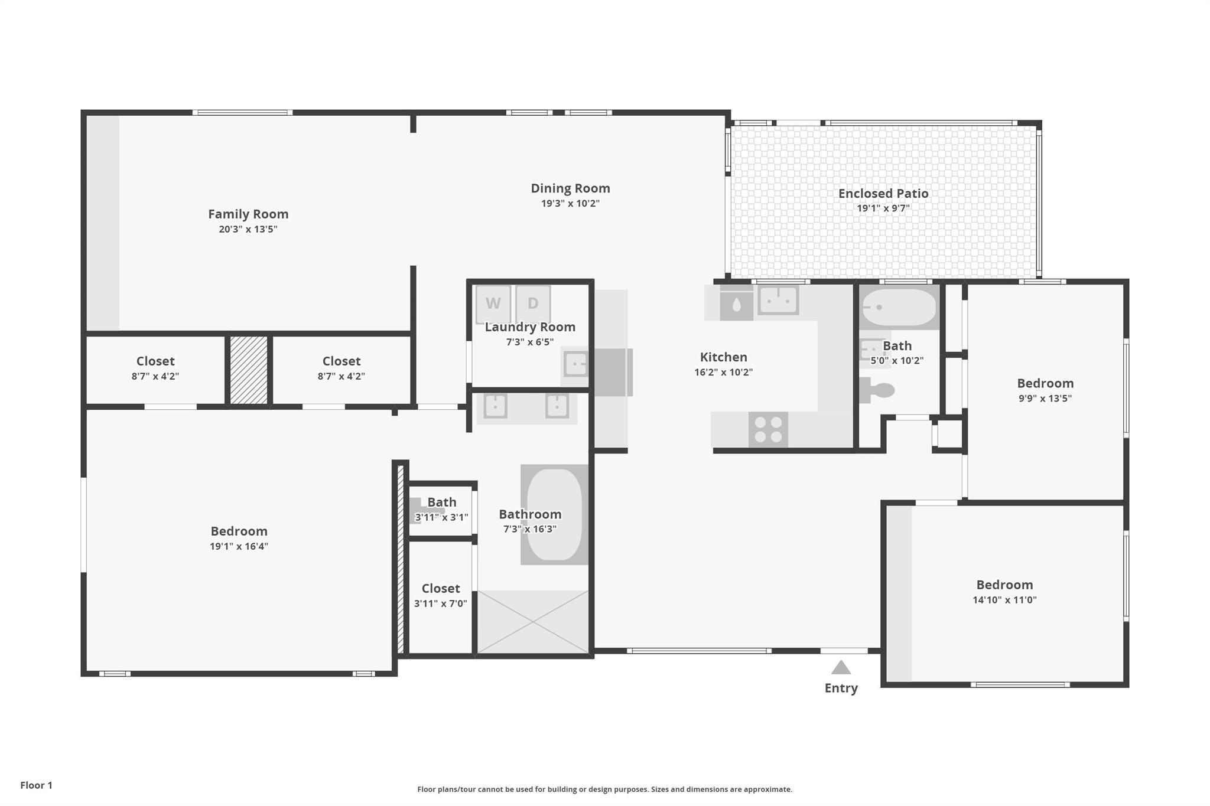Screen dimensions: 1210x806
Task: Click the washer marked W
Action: [x=493, y=304]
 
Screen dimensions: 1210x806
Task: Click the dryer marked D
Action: [x=533, y=304]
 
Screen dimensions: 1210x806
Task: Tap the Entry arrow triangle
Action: [x=841, y=667]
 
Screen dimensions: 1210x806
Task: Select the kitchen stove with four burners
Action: [x=768, y=430]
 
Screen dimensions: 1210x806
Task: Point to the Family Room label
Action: [x=248, y=214]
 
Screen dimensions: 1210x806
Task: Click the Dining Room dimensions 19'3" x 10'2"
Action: [x=570, y=203]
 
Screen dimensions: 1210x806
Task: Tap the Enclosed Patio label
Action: [x=883, y=193]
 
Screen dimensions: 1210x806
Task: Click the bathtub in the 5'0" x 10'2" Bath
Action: [x=899, y=307]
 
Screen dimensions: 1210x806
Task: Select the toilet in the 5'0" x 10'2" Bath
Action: [x=877, y=390]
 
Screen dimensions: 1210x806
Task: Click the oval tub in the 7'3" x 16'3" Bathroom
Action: [x=554, y=514]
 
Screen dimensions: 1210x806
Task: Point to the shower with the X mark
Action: [x=533, y=622]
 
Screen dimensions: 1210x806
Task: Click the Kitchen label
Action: [x=724, y=357]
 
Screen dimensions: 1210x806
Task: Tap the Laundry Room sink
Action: [x=575, y=364]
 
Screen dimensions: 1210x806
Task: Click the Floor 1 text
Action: [x=36, y=785]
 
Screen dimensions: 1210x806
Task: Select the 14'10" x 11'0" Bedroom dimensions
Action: [x=1004, y=600]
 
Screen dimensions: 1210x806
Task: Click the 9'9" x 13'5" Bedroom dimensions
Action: [x=1045, y=398]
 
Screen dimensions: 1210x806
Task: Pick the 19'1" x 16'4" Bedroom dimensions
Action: [x=239, y=546]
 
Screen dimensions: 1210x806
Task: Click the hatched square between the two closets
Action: [x=249, y=370]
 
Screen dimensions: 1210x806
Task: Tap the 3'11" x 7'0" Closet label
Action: [x=441, y=588]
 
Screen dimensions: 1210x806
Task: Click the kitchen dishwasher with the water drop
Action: [x=736, y=305]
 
